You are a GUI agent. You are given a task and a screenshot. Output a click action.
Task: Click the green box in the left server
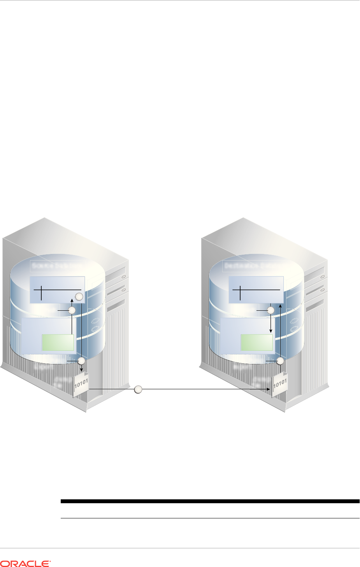58,342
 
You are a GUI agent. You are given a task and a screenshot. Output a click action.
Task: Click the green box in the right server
257,342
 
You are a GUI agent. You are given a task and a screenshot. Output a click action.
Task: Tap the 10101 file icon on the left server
81,385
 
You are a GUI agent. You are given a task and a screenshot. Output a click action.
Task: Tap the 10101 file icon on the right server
279,385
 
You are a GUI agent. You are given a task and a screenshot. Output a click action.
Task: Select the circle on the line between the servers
138,389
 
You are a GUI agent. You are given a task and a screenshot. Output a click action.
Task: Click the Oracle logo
26,563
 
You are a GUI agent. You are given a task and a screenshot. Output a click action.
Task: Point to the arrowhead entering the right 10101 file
269,389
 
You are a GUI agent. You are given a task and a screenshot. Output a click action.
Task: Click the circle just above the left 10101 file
81,361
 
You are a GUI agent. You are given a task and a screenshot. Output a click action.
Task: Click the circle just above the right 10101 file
280,361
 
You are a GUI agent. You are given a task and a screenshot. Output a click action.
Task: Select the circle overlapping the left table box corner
79,297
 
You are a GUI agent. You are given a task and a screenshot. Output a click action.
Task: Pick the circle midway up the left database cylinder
72,310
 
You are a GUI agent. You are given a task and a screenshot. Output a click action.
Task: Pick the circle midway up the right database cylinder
271,310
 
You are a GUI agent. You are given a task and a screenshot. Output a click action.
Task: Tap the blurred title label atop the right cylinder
255,266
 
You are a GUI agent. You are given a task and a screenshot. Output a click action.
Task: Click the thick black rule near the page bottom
210,501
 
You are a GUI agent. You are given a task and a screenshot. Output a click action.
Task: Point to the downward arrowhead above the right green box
271,331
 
